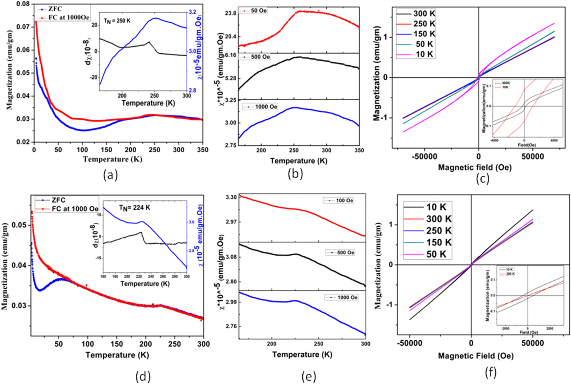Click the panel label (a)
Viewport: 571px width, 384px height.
click(110, 175)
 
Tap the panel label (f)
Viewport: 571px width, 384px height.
click(490, 372)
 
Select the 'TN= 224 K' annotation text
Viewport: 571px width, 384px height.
click(135, 207)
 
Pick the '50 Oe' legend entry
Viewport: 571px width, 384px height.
click(258, 11)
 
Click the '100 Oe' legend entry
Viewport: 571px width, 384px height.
click(344, 200)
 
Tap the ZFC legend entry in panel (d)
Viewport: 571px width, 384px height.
click(58, 200)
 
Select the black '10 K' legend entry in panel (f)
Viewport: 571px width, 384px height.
click(436, 207)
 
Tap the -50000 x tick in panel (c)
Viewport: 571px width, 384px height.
click(424, 157)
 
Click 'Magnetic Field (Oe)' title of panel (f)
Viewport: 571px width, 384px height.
click(476, 356)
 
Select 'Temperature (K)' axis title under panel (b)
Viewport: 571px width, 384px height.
click(299, 161)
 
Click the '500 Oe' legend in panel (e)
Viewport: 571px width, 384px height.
click(345, 253)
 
